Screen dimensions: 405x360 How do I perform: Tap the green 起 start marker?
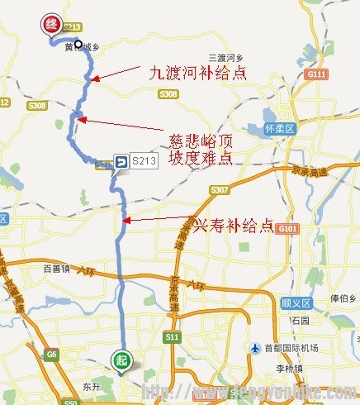click(121, 361)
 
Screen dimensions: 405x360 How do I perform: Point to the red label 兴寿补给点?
click(232, 225)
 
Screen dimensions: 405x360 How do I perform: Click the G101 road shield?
click(288, 228)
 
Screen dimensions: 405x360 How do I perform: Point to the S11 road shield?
click(172, 336)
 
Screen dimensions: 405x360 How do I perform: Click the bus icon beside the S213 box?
click(121, 163)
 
